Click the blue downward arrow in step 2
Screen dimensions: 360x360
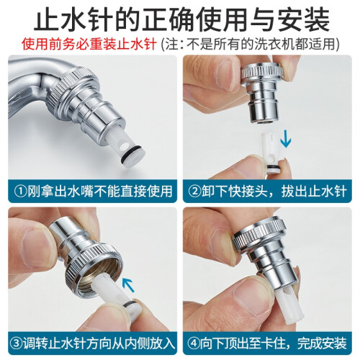(x=286, y=138)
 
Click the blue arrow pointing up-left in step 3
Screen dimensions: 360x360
(x=128, y=284)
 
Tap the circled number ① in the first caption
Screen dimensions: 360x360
(x=20, y=192)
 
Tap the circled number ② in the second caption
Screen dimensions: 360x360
(x=194, y=192)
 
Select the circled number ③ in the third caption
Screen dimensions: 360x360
(x=17, y=343)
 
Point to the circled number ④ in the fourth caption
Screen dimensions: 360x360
(x=194, y=343)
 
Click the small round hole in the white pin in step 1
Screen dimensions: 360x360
(x=124, y=145)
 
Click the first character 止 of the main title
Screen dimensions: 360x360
(x=48, y=19)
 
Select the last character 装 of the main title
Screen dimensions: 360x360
(x=314, y=19)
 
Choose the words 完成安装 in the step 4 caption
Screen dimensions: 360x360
(x=322, y=343)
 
